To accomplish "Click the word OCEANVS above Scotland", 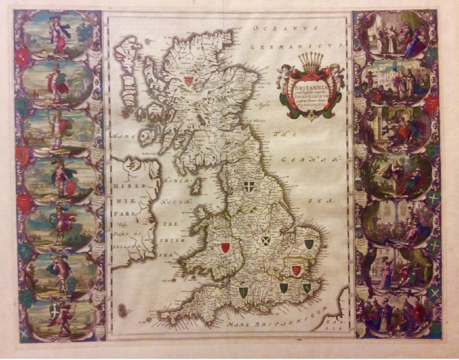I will pyautogui.click(x=285, y=28).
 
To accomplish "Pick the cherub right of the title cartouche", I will pyautogui.click(x=336, y=72).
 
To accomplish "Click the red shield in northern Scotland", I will pyautogui.click(x=189, y=81).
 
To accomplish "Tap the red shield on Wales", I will pyautogui.click(x=225, y=247).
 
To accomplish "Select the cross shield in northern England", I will pyautogui.click(x=250, y=187).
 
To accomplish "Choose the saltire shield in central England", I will pyautogui.click(x=265, y=241).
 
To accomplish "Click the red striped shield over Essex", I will pyautogui.click(x=296, y=269).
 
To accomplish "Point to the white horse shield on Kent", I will pyautogui.click(x=307, y=287).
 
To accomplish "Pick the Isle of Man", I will pyautogui.click(x=196, y=187).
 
